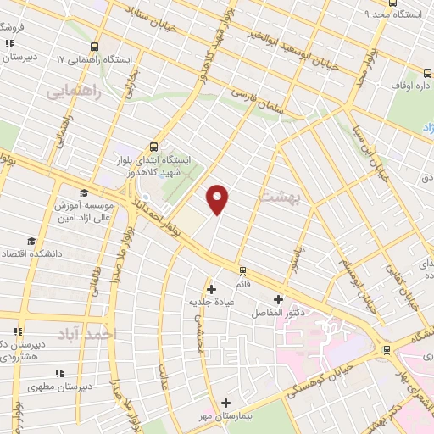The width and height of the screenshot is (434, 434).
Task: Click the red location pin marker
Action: (x=218, y=200)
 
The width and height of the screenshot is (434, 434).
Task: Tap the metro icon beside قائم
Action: (x=244, y=271)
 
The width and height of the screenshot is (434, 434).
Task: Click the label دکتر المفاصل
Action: (x=277, y=313)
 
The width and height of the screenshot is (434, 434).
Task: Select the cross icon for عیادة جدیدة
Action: (x=211, y=289)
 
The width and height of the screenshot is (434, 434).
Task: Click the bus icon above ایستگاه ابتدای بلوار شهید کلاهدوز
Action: (x=153, y=146)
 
